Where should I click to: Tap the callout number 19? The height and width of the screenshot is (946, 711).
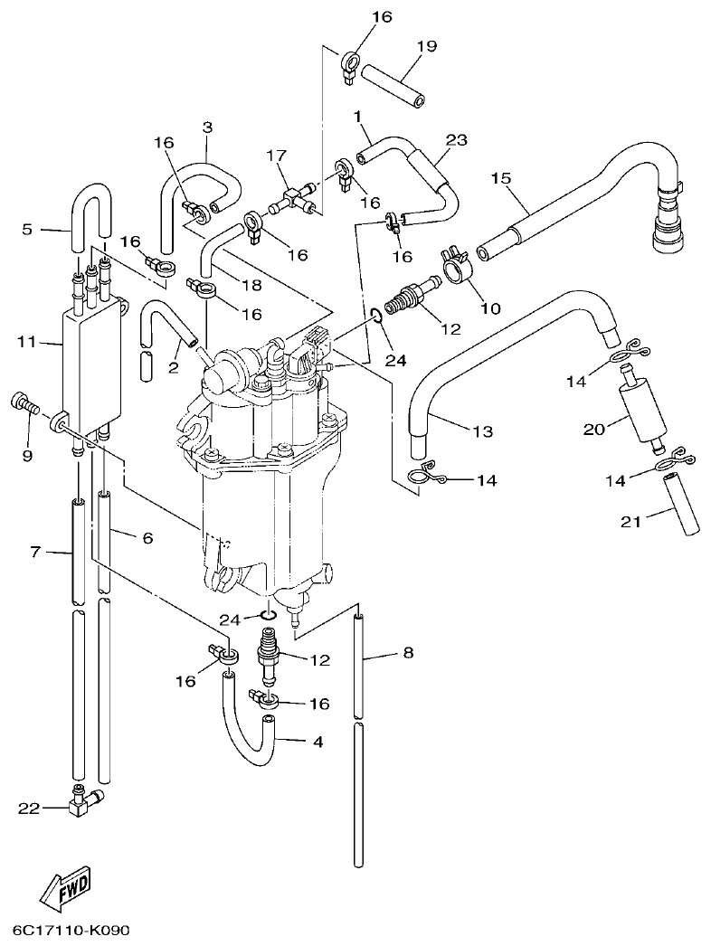tap(426, 45)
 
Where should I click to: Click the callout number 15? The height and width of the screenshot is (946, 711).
tap(501, 177)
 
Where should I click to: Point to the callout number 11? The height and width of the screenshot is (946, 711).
tap(25, 342)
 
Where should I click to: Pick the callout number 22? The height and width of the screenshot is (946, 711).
tap(30, 809)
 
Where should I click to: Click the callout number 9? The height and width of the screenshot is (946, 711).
tap(26, 456)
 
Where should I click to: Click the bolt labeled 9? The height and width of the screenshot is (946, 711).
tap(24, 404)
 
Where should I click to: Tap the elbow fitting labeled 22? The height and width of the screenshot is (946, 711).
tap(85, 799)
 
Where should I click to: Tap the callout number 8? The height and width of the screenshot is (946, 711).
tap(408, 652)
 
